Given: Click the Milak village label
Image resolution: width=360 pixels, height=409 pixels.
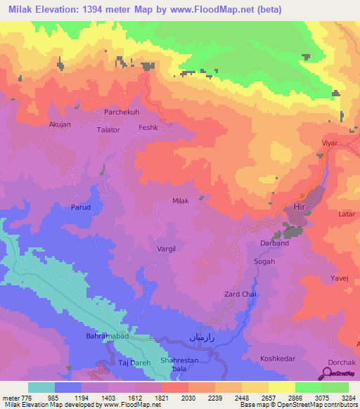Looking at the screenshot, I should (x=181, y=201).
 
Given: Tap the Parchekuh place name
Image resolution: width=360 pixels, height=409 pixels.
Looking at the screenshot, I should (x=123, y=112).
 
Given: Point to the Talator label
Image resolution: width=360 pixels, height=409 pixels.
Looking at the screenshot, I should (x=109, y=130).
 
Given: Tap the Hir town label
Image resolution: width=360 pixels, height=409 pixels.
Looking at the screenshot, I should (x=300, y=207).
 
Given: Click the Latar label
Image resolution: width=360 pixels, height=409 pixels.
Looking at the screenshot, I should (x=346, y=213).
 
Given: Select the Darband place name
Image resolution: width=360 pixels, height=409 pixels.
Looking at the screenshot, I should (x=275, y=244).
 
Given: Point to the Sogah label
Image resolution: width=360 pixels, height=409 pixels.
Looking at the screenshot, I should (x=264, y=261).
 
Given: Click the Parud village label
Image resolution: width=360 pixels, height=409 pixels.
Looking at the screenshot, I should (x=81, y=207).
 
